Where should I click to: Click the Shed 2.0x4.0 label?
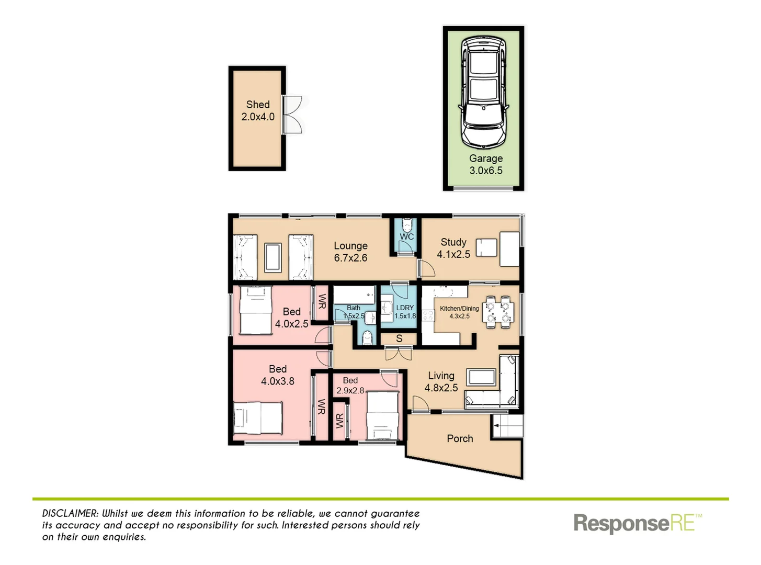[258, 111]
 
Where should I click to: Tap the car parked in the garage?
[484, 92]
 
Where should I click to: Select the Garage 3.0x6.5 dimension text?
[486, 165]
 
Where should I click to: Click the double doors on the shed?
[292, 115]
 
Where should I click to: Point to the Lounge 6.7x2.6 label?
[350, 252]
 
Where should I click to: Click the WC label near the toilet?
[406, 237]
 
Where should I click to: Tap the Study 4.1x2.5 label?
[453, 248]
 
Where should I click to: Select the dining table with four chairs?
[497, 312]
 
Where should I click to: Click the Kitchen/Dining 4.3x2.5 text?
[459, 312]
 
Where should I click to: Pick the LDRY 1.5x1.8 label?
[405, 312]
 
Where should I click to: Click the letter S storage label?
[399, 339]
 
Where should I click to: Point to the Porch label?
[460, 439]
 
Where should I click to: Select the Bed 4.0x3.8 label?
[278, 376]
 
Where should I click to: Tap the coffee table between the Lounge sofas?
[273, 257]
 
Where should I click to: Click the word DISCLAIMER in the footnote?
[70, 514]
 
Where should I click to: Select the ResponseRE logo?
[637, 523]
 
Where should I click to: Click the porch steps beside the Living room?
[508, 426]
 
